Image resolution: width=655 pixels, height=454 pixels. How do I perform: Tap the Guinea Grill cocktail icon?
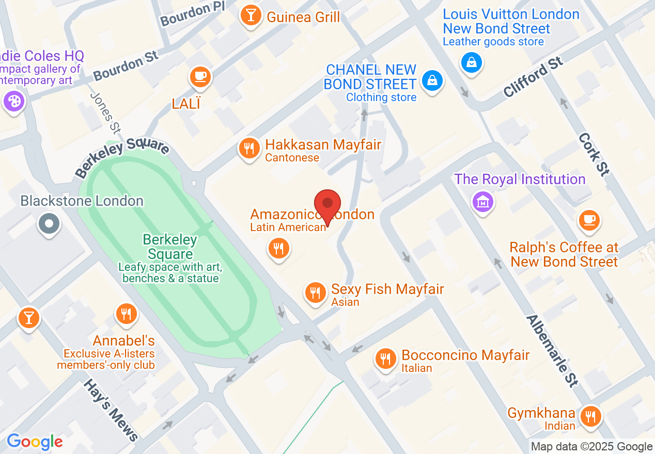251,15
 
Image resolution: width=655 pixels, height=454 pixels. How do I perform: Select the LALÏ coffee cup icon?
200,77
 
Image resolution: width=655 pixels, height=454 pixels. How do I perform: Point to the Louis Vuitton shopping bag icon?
471,63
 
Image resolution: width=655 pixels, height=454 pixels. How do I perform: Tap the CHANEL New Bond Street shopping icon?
432,80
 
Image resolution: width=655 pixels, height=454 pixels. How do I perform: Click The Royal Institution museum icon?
482,201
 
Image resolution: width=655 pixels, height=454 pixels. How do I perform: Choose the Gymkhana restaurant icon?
590,416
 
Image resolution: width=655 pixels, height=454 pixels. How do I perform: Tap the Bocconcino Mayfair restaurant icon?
385,358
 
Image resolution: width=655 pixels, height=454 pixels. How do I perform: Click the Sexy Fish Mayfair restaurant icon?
315,293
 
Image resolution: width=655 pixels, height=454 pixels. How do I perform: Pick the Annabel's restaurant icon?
126,313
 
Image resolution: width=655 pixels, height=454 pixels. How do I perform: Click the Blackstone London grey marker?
50,224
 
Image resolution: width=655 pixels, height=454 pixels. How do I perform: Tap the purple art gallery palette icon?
13,101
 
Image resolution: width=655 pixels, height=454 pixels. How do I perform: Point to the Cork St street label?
594,154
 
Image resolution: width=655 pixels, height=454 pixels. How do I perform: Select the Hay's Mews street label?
111,410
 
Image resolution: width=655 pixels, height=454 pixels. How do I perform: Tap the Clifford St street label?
533,77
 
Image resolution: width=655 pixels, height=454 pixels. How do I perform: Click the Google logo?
35,442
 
